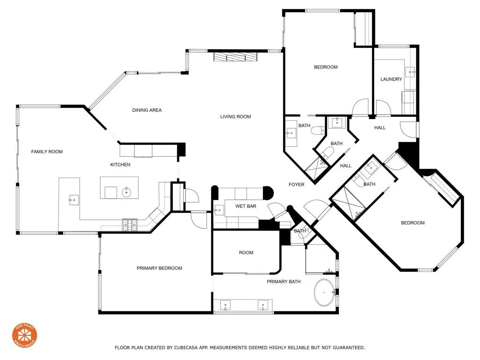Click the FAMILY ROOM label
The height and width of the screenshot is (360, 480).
tap(47, 151)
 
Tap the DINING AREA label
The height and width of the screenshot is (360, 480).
tap(147, 110)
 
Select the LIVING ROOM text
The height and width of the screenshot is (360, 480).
tap(235, 117)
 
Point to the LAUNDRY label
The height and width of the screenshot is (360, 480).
tap(391, 79)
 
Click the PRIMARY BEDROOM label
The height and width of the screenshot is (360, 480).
tap(159, 268)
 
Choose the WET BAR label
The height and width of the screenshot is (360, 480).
tap(246, 206)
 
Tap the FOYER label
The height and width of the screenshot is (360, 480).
tap(296, 185)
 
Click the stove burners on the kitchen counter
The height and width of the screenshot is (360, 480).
tap(129, 225)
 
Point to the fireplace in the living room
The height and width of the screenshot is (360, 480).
tap(235, 57)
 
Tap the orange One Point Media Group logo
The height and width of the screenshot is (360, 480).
tap(24, 335)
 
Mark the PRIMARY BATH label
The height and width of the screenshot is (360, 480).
tap(284, 282)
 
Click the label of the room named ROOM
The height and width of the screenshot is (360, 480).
tap(246, 253)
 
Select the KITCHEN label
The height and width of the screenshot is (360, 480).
tap(120, 165)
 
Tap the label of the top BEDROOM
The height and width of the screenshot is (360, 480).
tap(325, 67)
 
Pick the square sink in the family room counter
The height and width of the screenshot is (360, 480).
tap(73, 200)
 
